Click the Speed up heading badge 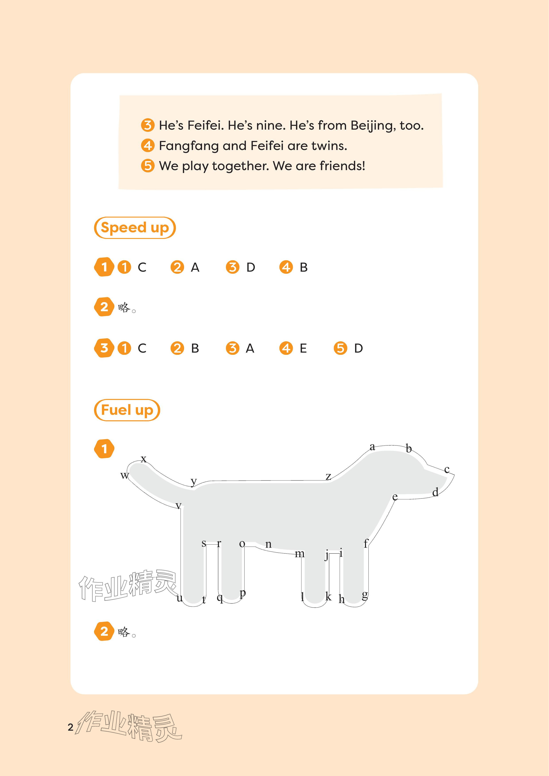coord(135,228)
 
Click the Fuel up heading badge coord(127,410)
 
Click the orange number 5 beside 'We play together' coord(148,166)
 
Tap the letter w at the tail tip coord(125,476)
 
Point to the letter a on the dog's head coord(372,447)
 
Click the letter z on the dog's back coord(328,476)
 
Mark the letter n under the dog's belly coord(268,544)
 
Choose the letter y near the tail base coord(194,482)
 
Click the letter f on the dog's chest coord(365,544)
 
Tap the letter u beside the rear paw coord(179,598)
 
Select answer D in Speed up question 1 coord(250,267)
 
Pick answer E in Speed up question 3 coord(303,348)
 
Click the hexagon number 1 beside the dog coord(104,449)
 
